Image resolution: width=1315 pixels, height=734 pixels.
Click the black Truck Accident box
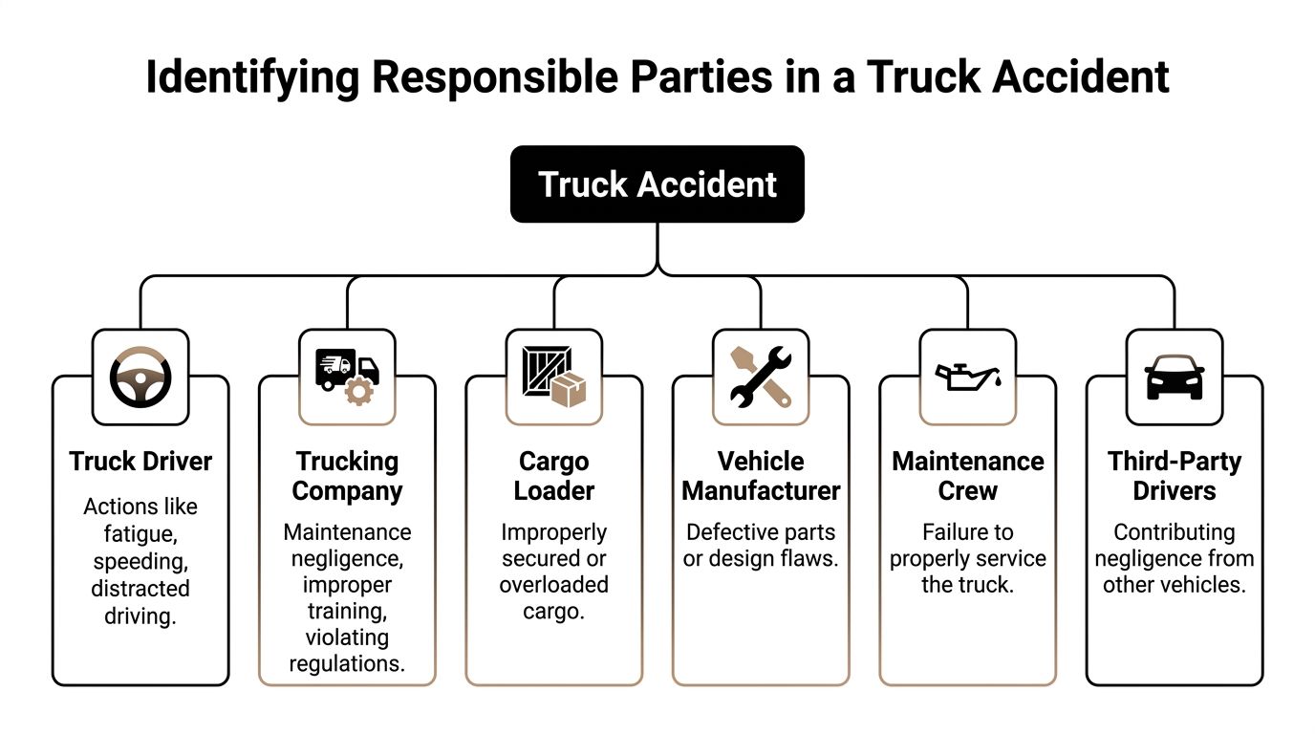[x=657, y=184]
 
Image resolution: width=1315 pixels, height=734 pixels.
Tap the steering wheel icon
[x=140, y=378]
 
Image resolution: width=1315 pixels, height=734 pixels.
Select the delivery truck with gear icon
[x=347, y=378]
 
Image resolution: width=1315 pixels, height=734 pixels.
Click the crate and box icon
[x=553, y=378]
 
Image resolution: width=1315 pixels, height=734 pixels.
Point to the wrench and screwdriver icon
[x=761, y=378]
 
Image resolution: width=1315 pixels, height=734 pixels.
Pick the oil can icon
[x=967, y=376]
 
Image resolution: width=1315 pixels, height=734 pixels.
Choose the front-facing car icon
[x=1175, y=378]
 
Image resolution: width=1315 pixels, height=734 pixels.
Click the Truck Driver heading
[x=140, y=462]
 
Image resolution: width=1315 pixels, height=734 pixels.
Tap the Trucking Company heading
[x=347, y=476]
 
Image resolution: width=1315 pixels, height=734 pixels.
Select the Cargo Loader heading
[x=553, y=476]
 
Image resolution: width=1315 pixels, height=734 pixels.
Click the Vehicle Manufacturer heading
[x=761, y=476]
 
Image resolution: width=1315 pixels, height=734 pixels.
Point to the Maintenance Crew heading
[x=967, y=476]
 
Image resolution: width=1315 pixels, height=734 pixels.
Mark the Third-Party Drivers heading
[x=1175, y=476]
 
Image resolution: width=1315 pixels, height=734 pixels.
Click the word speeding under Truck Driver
[x=140, y=561]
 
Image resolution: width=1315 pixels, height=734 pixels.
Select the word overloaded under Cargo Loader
[x=553, y=585]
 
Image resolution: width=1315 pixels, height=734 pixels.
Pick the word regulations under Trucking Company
[x=347, y=663]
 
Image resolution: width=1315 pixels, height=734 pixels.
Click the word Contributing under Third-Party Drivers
[x=1175, y=532]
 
